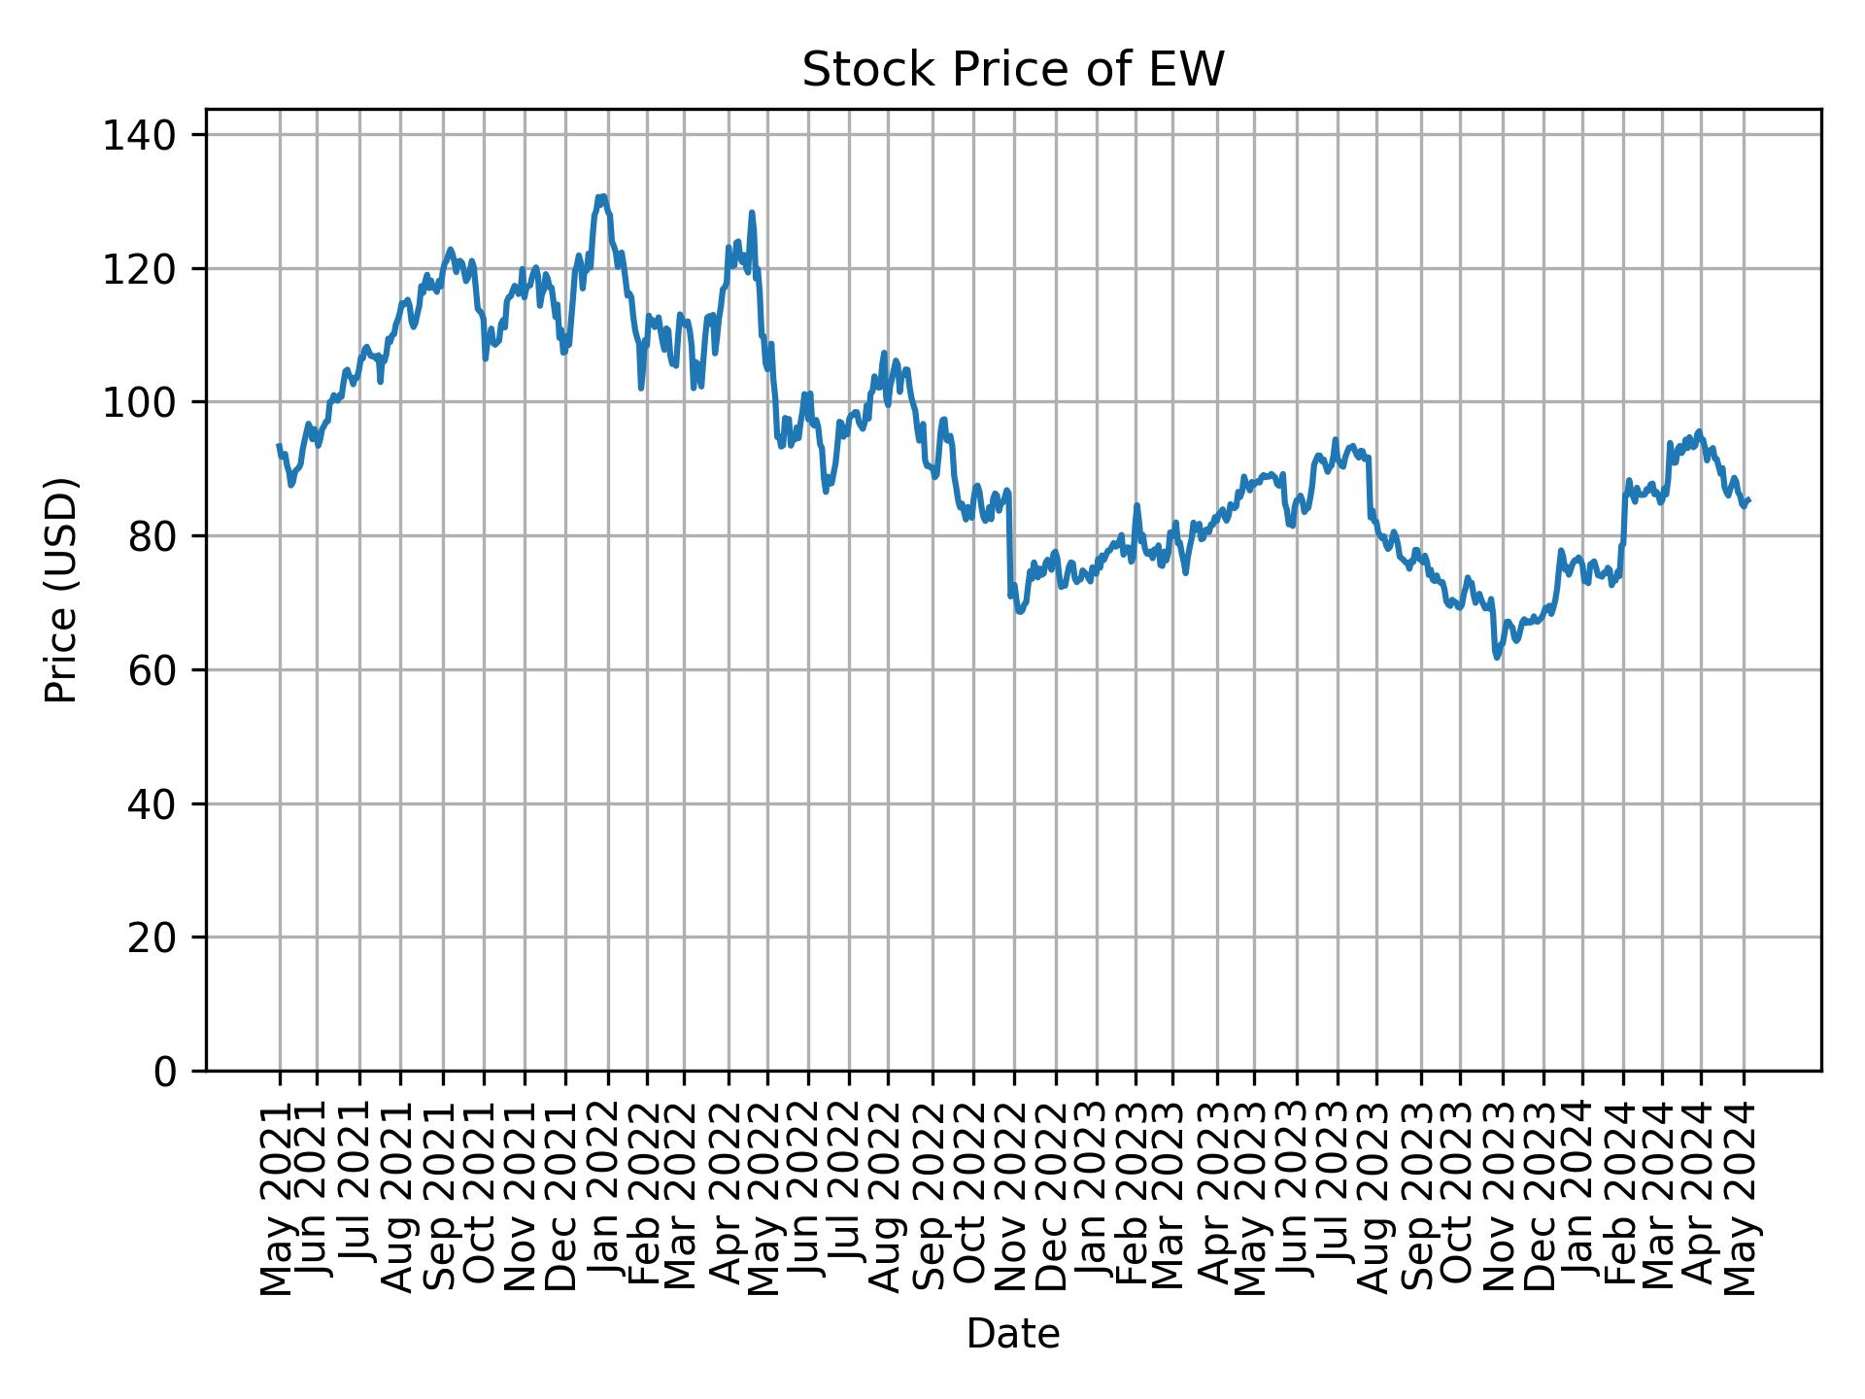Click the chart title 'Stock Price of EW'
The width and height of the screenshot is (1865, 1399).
(x=1012, y=71)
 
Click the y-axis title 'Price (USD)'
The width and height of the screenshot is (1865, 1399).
(x=61, y=590)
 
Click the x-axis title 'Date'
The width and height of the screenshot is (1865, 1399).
(x=1012, y=1334)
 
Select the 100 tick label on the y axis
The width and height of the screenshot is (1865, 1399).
(x=152, y=402)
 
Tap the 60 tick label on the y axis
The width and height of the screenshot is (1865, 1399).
(x=152, y=670)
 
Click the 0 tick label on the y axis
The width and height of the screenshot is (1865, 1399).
(x=164, y=1072)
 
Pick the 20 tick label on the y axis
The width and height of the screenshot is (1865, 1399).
(x=152, y=938)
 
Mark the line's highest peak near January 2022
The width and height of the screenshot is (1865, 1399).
(x=601, y=197)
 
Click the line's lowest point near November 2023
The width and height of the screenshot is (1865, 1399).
(x=1497, y=658)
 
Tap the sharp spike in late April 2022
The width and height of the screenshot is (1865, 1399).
(x=751, y=213)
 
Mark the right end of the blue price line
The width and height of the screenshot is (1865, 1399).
(x=1748, y=500)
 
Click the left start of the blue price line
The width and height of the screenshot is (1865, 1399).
(x=279, y=446)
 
